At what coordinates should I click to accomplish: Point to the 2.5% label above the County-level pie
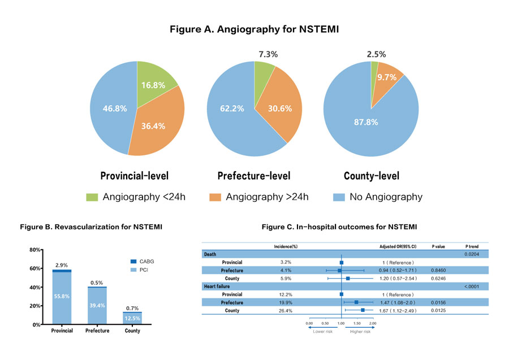pos(376,54)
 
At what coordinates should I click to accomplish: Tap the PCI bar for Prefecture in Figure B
pos(97,306)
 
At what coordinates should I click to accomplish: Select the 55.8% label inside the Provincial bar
pos(62,296)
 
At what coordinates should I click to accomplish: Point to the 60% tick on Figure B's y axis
pos(35,268)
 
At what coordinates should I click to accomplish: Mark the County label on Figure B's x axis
pos(132,331)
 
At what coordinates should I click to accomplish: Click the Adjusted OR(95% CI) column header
pos(398,246)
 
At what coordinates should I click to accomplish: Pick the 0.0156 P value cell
pos(439,302)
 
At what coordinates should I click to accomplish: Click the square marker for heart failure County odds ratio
pos(363,310)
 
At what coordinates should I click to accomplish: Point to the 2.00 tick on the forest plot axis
pos(373,323)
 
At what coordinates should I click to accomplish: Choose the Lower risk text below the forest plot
pos(322,331)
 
